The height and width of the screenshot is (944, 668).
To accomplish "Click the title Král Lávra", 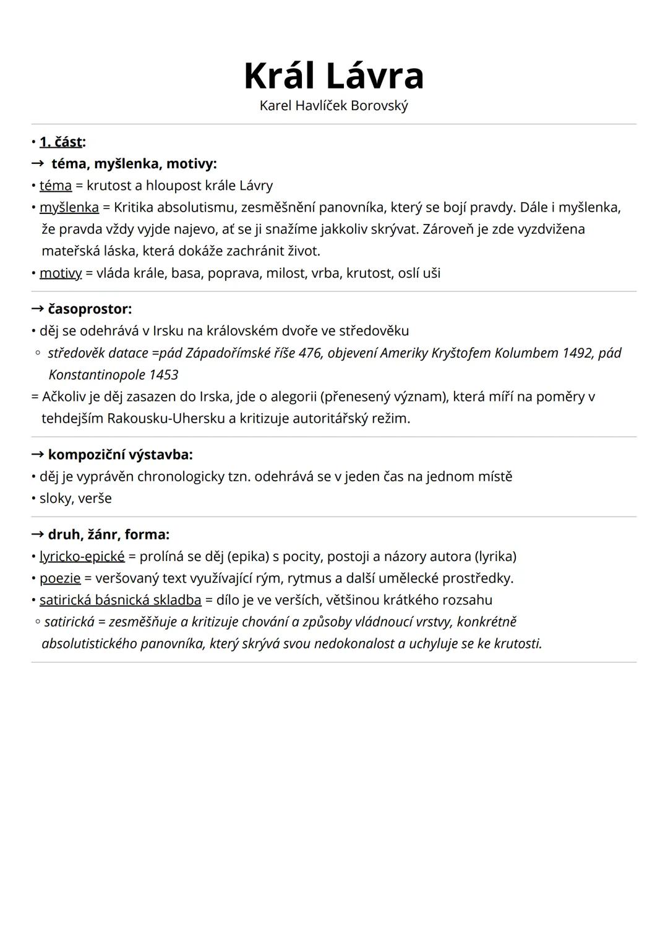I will click(333, 76).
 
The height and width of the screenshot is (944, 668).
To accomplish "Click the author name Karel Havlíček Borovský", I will click(333, 106).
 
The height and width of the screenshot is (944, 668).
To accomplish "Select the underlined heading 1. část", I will click(61, 142).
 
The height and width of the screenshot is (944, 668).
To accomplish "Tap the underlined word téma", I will click(56, 186).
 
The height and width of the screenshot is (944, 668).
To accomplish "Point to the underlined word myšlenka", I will click(69, 207).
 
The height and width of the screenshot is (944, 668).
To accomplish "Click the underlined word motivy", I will click(61, 273).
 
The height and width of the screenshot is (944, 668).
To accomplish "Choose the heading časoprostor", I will click(89, 309).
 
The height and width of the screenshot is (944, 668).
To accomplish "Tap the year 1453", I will click(163, 375).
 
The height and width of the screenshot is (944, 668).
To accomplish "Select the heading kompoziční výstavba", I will click(120, 455).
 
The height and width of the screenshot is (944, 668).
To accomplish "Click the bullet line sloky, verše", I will click(75, 499).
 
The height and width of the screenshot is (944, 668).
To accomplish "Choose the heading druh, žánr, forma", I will click(108, 534).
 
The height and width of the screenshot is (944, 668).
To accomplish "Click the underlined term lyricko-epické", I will click(82, 557).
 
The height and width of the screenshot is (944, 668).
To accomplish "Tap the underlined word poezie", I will click(60, 578).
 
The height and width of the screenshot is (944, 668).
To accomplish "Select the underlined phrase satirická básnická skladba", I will click(121, 600).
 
